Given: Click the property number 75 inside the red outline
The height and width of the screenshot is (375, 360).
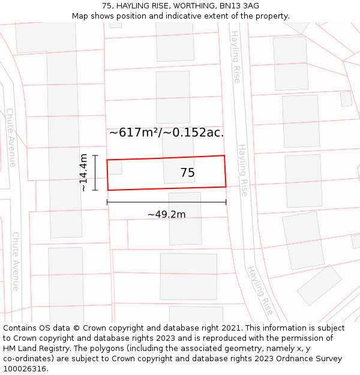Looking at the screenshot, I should point(187,173).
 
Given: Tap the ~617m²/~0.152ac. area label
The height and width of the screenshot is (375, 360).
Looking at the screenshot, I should point(166,133).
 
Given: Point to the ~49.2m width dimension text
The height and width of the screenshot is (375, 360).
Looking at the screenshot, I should point(166,214).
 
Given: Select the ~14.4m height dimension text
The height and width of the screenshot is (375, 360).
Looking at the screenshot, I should point(83,172).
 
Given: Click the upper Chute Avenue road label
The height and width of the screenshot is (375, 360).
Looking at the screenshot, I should point(11,137).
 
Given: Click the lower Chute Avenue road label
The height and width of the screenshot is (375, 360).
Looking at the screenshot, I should point(15,261).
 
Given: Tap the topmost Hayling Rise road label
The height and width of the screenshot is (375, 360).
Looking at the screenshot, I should point(235,56).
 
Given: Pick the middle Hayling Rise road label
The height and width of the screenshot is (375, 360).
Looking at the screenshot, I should point(242,170).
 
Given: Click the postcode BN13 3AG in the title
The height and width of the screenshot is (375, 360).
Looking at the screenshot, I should point(243,6).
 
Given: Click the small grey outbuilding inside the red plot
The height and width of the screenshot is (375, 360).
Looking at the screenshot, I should point(115,167).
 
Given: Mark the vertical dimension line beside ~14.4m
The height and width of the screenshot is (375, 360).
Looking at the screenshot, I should point(95,173).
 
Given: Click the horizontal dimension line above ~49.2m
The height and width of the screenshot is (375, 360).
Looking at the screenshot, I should point(166,202).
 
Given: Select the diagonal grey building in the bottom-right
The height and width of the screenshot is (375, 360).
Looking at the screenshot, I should point(319,285).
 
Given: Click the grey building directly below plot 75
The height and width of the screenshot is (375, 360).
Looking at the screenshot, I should point(185,218).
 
